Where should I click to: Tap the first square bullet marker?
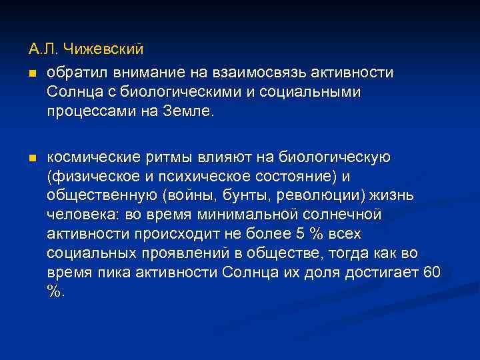(x=32, y=72)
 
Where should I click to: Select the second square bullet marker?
(x=32, y=159)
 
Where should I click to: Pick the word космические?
(x=89, y=157)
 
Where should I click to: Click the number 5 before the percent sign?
(x=285, y=235)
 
